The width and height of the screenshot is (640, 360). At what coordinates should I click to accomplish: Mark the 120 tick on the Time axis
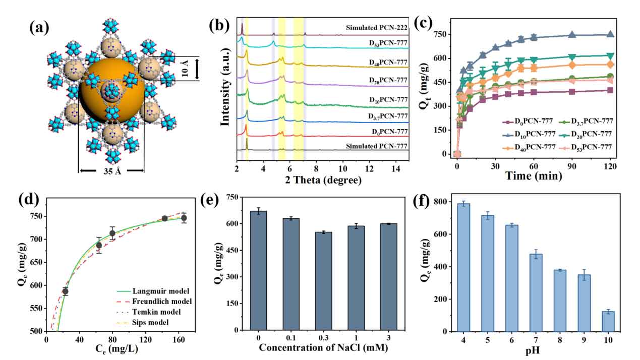[x=610, y=166]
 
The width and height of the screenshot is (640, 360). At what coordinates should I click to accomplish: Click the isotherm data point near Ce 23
[x=65, y=291]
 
